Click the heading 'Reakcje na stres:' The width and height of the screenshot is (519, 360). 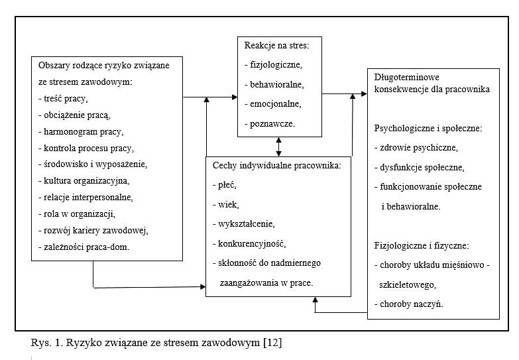click(x=276, y=45)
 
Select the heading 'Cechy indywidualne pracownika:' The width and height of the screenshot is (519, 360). click(x=276, y=165)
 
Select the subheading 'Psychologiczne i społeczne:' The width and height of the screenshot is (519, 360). click(x=428, y=128)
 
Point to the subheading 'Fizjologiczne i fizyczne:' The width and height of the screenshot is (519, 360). click(x=422, y=245)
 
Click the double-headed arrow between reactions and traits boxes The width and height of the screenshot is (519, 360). click(x=278, y=147)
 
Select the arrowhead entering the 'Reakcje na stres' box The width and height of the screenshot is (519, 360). click(x=235, y=97)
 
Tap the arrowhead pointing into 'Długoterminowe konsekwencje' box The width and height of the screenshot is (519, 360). click(x=364, y=93)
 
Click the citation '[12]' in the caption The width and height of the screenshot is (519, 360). click(x=272, y=343)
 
